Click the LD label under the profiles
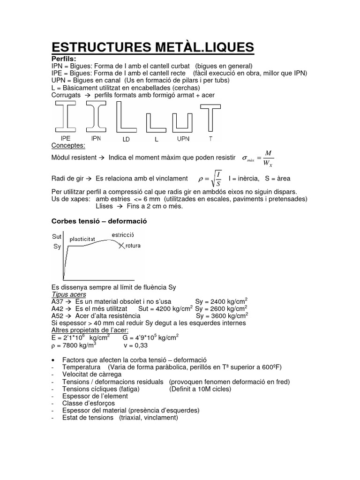pos(126,139)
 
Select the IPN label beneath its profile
pos(96,139)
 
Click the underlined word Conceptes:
pos(67,146)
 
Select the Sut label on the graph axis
pos(57,237)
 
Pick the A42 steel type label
pos(56,309)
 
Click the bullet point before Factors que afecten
pos(52,360)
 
